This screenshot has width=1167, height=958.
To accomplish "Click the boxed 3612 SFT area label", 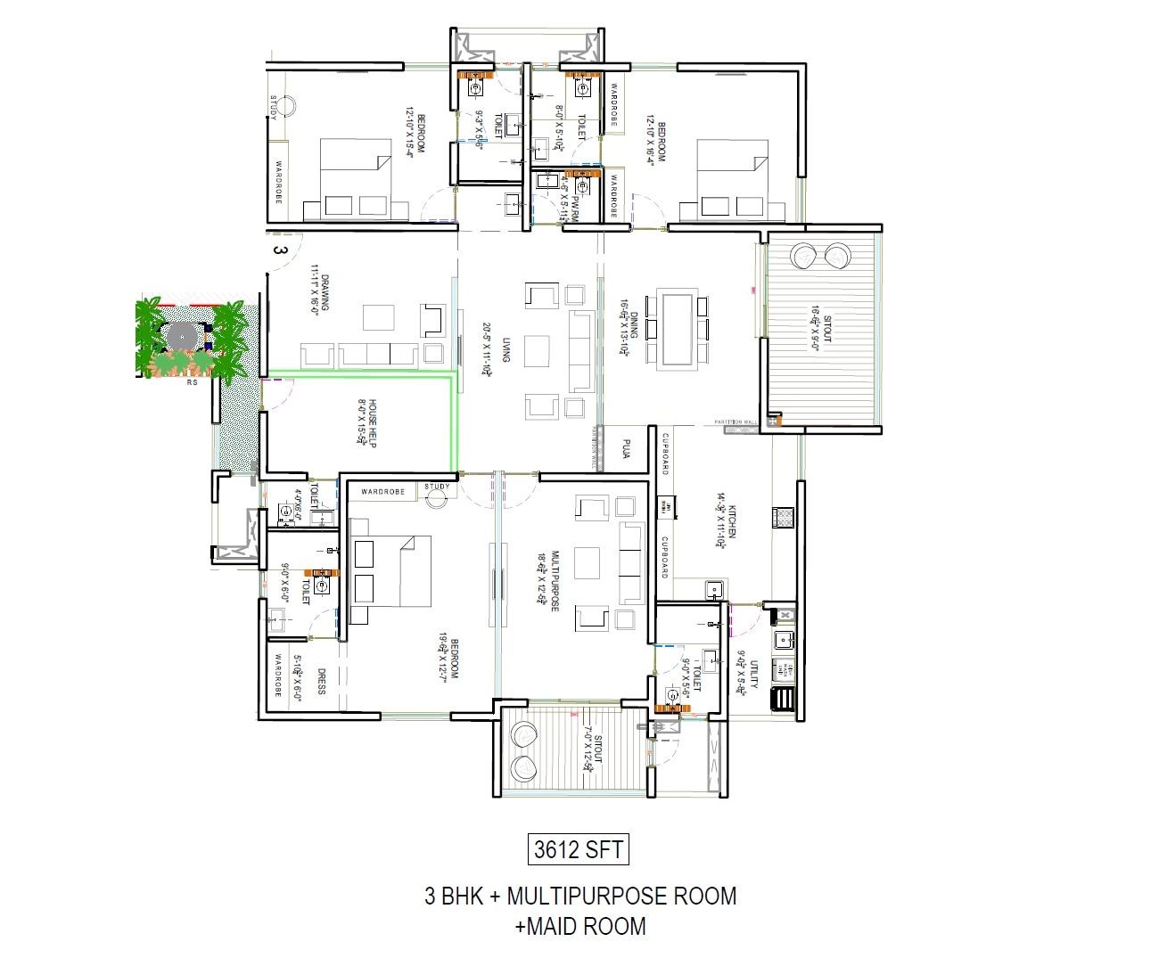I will [578, 849].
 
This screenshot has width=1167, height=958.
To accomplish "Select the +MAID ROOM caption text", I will [579, 927].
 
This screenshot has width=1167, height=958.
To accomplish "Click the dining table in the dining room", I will [678, 329].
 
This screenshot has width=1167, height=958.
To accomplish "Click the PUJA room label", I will [626, 448].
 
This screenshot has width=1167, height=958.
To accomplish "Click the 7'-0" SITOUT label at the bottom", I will [593, 749].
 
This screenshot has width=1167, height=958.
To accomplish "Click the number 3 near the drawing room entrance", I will [280, 250].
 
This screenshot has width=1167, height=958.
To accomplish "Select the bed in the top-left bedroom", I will [355, 178].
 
